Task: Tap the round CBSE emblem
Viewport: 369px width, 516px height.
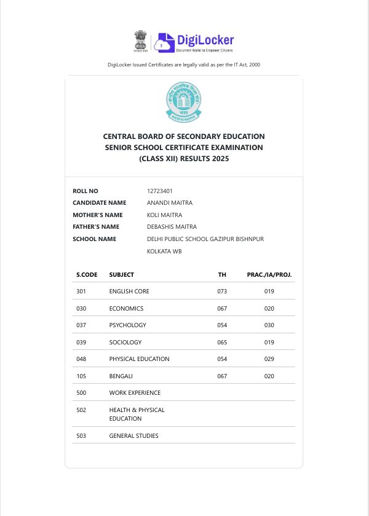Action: [x=183, y=102]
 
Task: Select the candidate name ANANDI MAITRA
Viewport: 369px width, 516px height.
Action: [x=170, y=203]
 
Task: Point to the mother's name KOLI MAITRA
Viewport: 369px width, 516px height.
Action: [x=165, y=215]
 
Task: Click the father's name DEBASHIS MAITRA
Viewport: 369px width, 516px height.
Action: [x=172, y=227]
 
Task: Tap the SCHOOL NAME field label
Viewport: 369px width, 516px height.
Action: [x=94, y=239]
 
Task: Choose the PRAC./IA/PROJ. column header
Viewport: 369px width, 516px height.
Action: [x=269, y=274]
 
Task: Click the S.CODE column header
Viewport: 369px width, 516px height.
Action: [x=87, y=274]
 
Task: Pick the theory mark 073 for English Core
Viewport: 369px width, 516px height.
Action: [x=222, y=292]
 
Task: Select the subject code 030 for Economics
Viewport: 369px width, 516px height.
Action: [x=81, y=309]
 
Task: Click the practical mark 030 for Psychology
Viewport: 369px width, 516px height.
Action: [x=269, y=325]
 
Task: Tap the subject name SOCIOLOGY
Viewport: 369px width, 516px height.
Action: [x=125, y=342]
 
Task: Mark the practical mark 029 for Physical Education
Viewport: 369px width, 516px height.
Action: [x=269, y=359]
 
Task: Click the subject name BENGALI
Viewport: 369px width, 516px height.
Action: [x=121, y=376]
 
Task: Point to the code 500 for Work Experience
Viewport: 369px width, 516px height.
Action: [x=81, y=393]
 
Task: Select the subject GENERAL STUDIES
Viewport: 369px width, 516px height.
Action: [x=134, y=436]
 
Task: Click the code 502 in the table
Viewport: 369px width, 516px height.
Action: [x=81, y=410]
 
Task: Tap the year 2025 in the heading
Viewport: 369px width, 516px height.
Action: [x=219, y=159]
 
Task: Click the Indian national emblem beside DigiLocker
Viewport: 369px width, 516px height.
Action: [x=141, y=41]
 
